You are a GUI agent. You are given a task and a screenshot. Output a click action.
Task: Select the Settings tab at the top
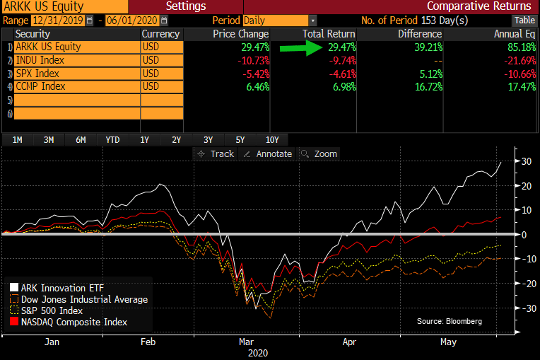(x=186, y=6)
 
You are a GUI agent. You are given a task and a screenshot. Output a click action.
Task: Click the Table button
(x=524, y=21)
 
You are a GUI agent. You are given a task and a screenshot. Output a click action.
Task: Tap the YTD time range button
(x=112, y=139)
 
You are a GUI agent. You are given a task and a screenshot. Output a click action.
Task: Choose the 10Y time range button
(x=271, y=139)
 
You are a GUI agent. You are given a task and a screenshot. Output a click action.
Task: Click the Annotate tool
(x=268, y=153)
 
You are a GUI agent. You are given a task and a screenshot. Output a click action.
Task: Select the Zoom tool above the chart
(x=320, y=153)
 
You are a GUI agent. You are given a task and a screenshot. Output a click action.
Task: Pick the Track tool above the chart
(x=216, y=153)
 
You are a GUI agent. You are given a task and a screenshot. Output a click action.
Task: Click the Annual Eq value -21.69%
(x=515, y=60)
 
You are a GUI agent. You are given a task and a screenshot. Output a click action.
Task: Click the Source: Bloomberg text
(x=450, y=321)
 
